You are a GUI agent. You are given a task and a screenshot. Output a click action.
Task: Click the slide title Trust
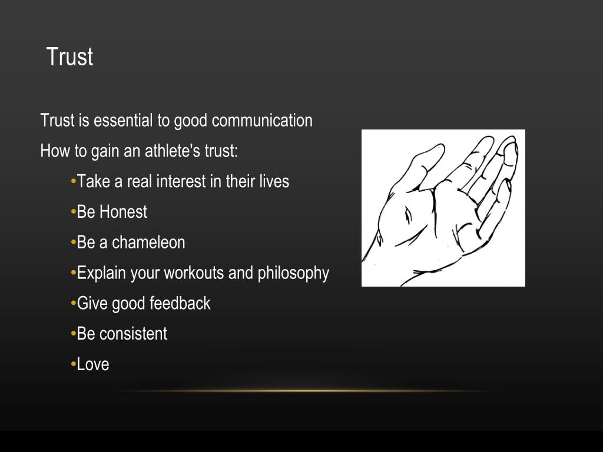[x=69, y=57]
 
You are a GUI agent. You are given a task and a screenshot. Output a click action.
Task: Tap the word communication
[x=262, y=121]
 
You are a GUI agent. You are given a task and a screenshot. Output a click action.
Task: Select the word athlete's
[x=173, y=151]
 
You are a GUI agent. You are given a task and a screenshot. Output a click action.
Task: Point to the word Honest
[x=123, y=212]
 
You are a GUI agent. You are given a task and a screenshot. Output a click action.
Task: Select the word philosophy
[x=293, y=274]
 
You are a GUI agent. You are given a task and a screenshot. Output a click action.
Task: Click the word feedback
[x=180, y=304]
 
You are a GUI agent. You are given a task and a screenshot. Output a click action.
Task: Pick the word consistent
[x=133, y=334]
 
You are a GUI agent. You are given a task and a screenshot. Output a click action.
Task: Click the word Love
[x=93, y=364]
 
